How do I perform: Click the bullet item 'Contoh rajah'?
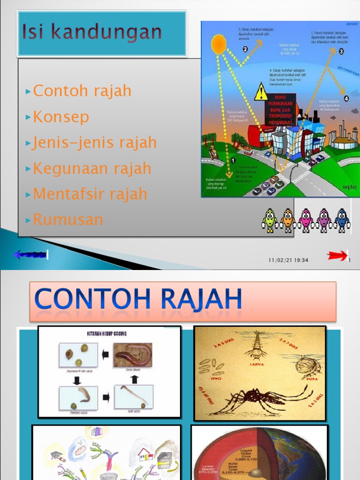(x=82, y=91)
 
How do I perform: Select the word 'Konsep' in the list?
(x=60, y=117)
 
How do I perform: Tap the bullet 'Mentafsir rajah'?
(x=90, y=194)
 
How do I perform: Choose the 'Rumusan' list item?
(x=68, y=219)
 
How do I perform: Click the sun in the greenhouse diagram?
(x=218, y=45)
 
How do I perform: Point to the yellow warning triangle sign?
(x=261, y=92)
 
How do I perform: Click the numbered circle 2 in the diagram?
(x=245, y=49)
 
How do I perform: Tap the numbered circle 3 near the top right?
(x=341, y=51)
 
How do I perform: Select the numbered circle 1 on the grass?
(x=233, y=160)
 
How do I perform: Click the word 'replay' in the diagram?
(x=349, y=187)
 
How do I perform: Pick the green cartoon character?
(x=270, y=220)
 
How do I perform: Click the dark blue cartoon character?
(x=342, y=220)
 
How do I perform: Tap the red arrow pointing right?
(x=337, y=255)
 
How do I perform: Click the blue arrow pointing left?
(x=30, y=255)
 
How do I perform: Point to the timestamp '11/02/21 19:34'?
(x=288, y=260)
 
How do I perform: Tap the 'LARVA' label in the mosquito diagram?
(x=257, y=362)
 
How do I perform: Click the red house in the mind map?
(x=144, y=453)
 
